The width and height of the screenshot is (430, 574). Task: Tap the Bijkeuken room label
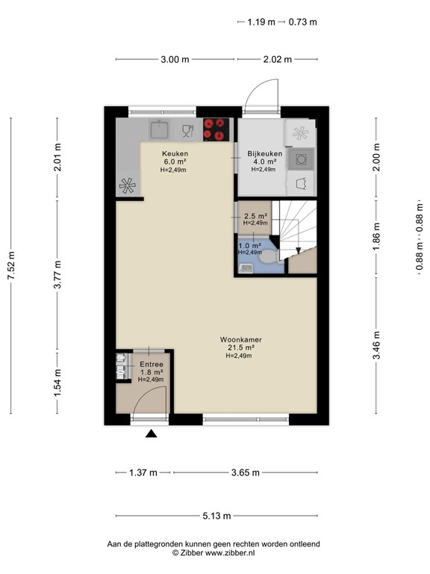click(264, 153)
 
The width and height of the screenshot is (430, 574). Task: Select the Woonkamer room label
click(240, 339)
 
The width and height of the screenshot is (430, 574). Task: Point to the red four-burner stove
click(216, 129)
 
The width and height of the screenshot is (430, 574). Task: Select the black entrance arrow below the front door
click(152, 434)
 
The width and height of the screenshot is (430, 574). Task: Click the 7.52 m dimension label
click(10, 265)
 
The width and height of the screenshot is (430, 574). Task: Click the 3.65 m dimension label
click(245, 472)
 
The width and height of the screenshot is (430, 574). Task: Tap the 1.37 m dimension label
click(143, 472)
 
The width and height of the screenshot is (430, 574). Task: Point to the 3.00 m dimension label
click(175, 60)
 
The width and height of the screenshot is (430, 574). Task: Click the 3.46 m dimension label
click(377, 345)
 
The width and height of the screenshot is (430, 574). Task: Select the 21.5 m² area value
click(240, 347)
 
